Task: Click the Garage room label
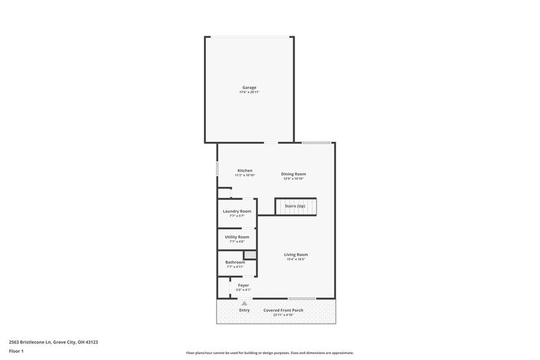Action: pos(249,87)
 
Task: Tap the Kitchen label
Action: pos(245,170)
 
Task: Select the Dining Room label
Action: pos(294,174)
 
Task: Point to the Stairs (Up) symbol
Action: pos(296,206)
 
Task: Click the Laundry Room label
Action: pos(237,211)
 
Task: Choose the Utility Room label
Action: pos(237,237)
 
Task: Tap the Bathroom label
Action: pos(235,262)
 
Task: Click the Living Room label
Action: pos(296,255)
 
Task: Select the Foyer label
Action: pos(244,285)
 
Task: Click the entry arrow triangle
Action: pos(244,303)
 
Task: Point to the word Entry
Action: pos(244,310)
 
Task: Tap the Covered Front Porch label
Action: pos(283,310)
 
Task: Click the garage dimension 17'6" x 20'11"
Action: pos(249,92)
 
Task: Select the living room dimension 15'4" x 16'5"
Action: pos(296,260)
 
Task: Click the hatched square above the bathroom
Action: pos(250,255)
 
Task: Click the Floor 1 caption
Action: pos(16,351)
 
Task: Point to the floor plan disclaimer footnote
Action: pos(270,353)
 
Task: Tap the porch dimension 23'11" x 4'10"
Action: pos(283,315)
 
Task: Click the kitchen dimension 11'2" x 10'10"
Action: pos(245,175)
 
